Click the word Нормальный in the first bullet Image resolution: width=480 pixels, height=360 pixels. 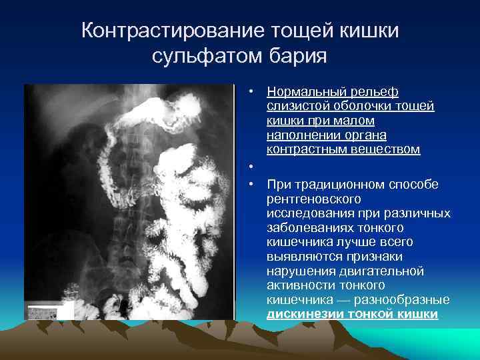click(306, 92)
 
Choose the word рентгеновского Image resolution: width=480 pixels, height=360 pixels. click(313, 199)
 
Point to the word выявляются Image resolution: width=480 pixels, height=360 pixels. click(303, 257)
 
